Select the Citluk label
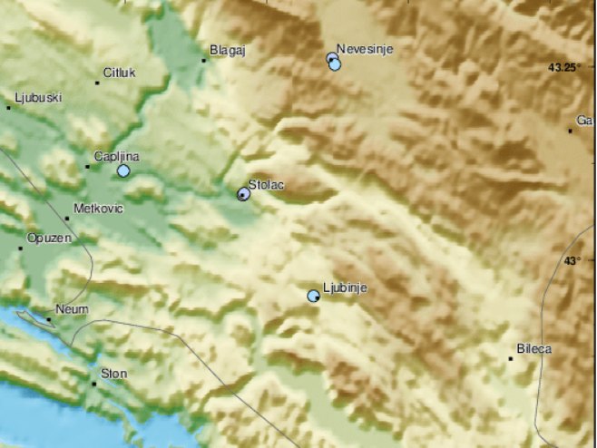(119, 73)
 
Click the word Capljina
(116, 156)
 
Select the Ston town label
(114, 373)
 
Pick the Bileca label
(533, 348)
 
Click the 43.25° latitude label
(567, 67)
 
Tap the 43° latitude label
(571, 261)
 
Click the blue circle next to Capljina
(123, 170)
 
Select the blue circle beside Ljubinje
(313, 296)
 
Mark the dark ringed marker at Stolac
(243, 193)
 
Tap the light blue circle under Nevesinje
(335, 64)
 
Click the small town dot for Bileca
(511, 358)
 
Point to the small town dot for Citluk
(97, 83)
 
